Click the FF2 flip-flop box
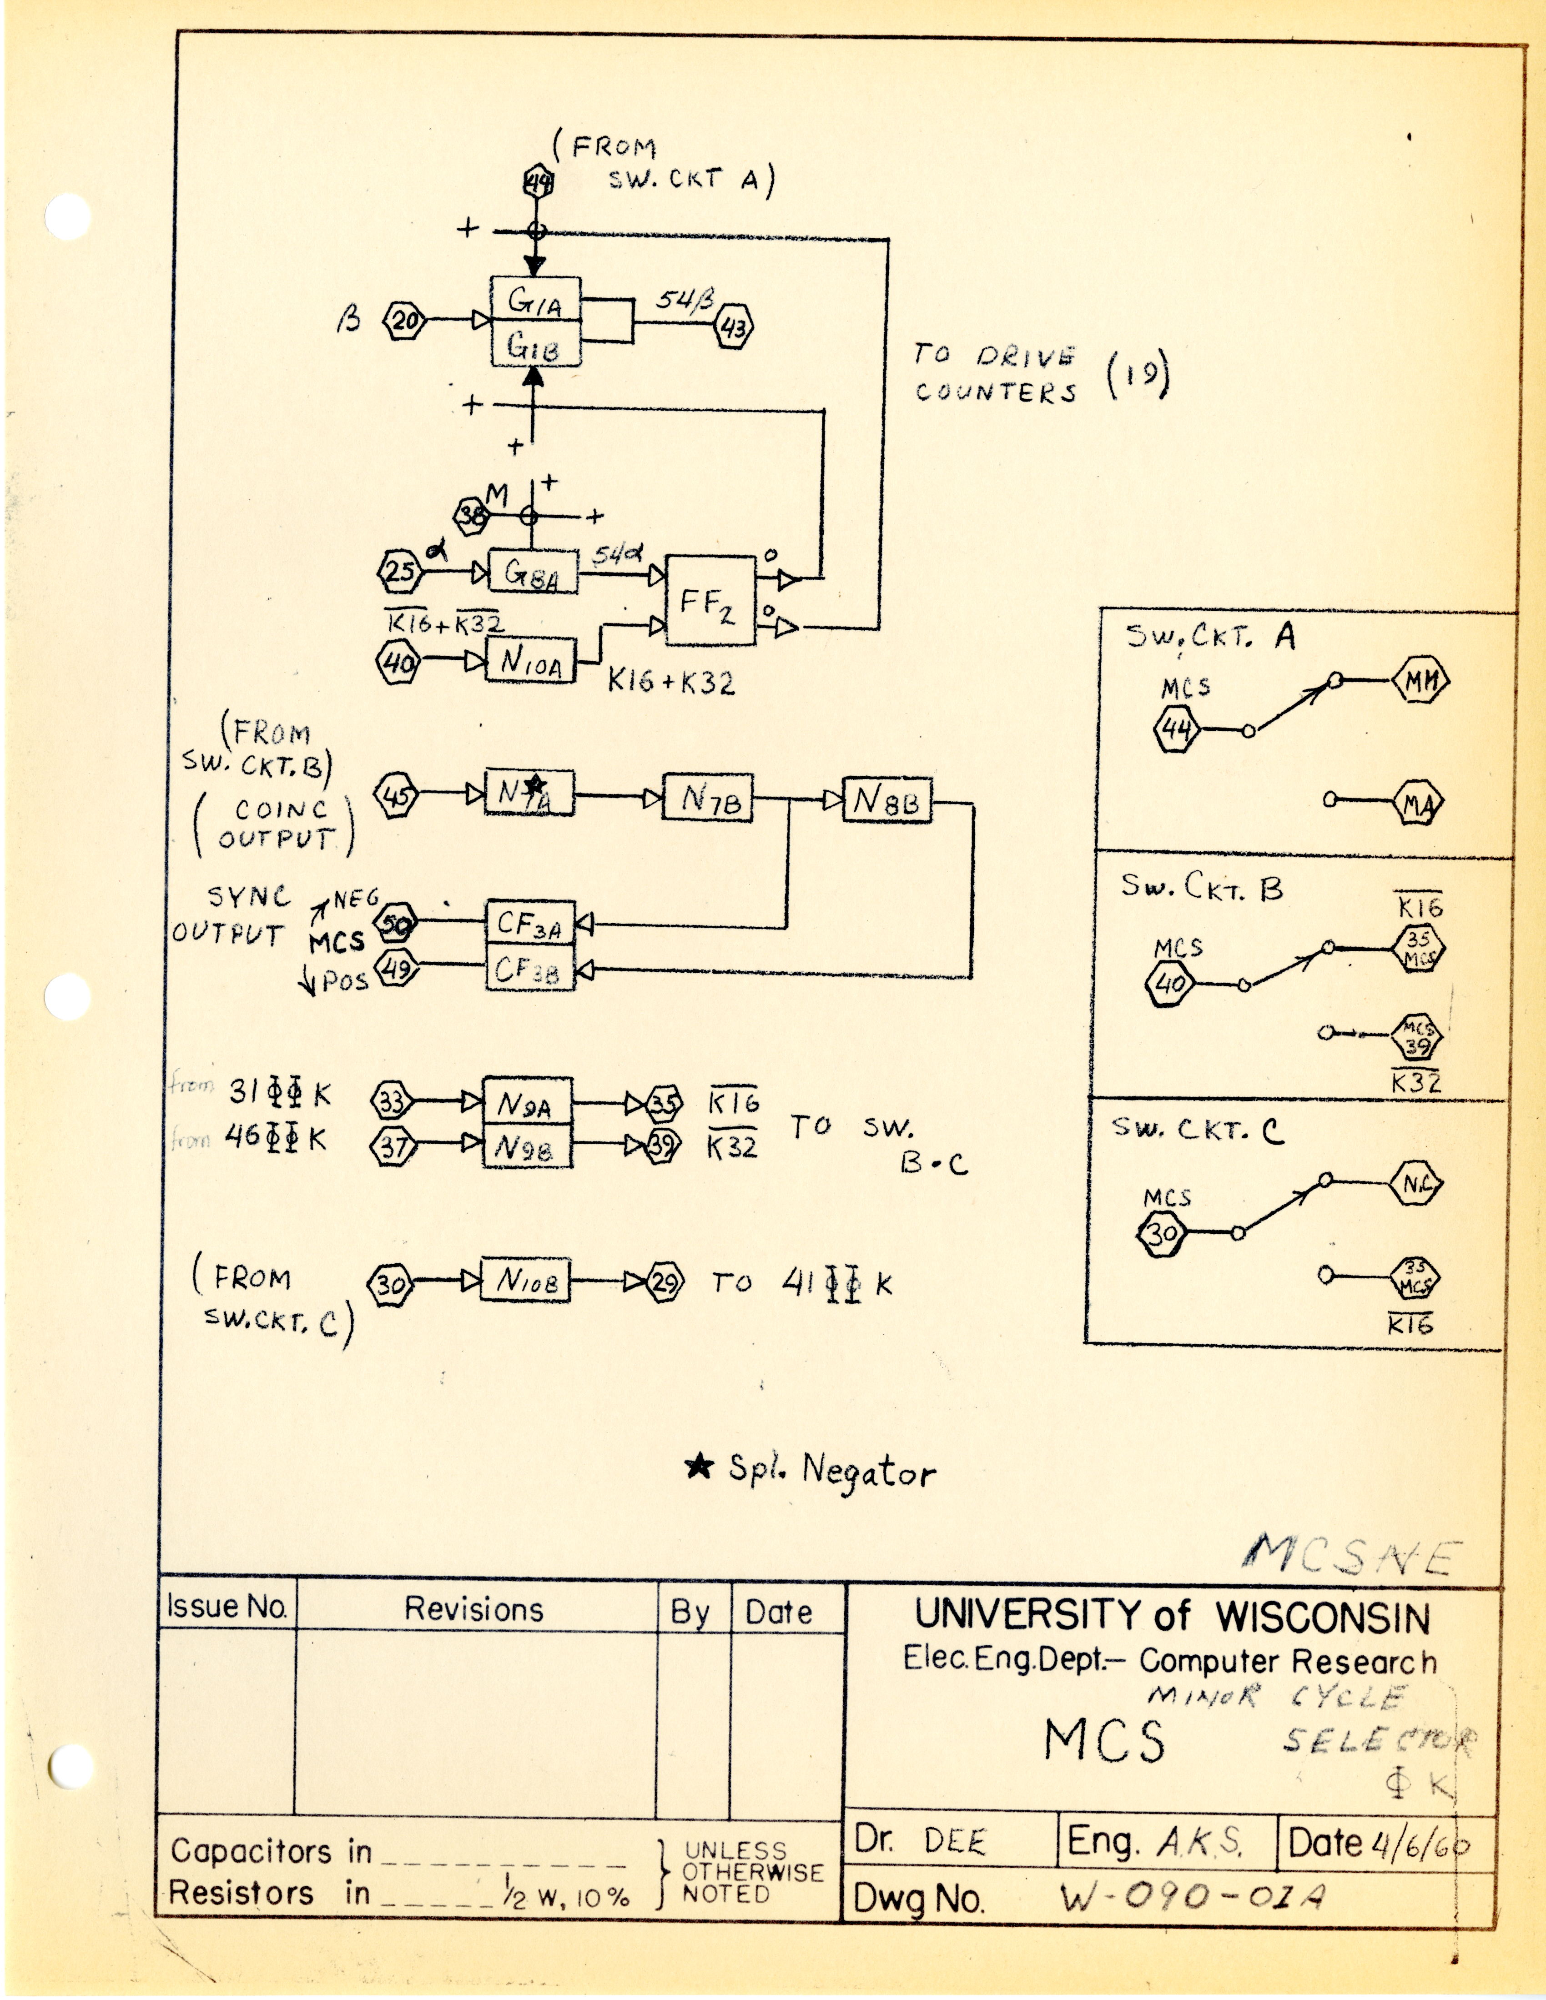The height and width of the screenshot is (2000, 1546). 710,600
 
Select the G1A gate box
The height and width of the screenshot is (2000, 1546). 536,299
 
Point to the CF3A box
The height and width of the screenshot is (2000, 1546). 530,924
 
